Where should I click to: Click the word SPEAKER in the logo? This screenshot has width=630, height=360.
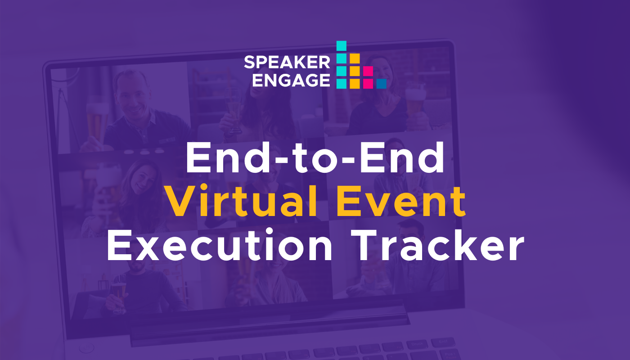click(287, 63)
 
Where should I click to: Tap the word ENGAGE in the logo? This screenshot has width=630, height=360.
click(291, 80)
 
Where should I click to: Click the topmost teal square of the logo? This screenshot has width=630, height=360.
click(342, 46)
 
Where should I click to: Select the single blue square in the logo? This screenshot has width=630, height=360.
click(382, 84)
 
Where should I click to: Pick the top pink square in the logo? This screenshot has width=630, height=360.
click(368, 71)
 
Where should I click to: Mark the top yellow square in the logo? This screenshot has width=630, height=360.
click(355, 58)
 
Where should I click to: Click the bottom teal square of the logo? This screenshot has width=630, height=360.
click(342, 84)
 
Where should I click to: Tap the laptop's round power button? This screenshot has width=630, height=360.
click(86, 347)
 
